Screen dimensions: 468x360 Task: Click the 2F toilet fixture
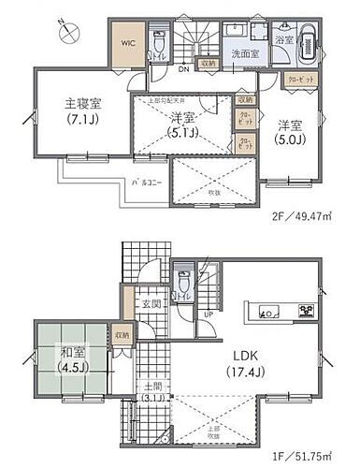[158, 41]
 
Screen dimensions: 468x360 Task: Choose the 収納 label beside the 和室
[122, 332]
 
